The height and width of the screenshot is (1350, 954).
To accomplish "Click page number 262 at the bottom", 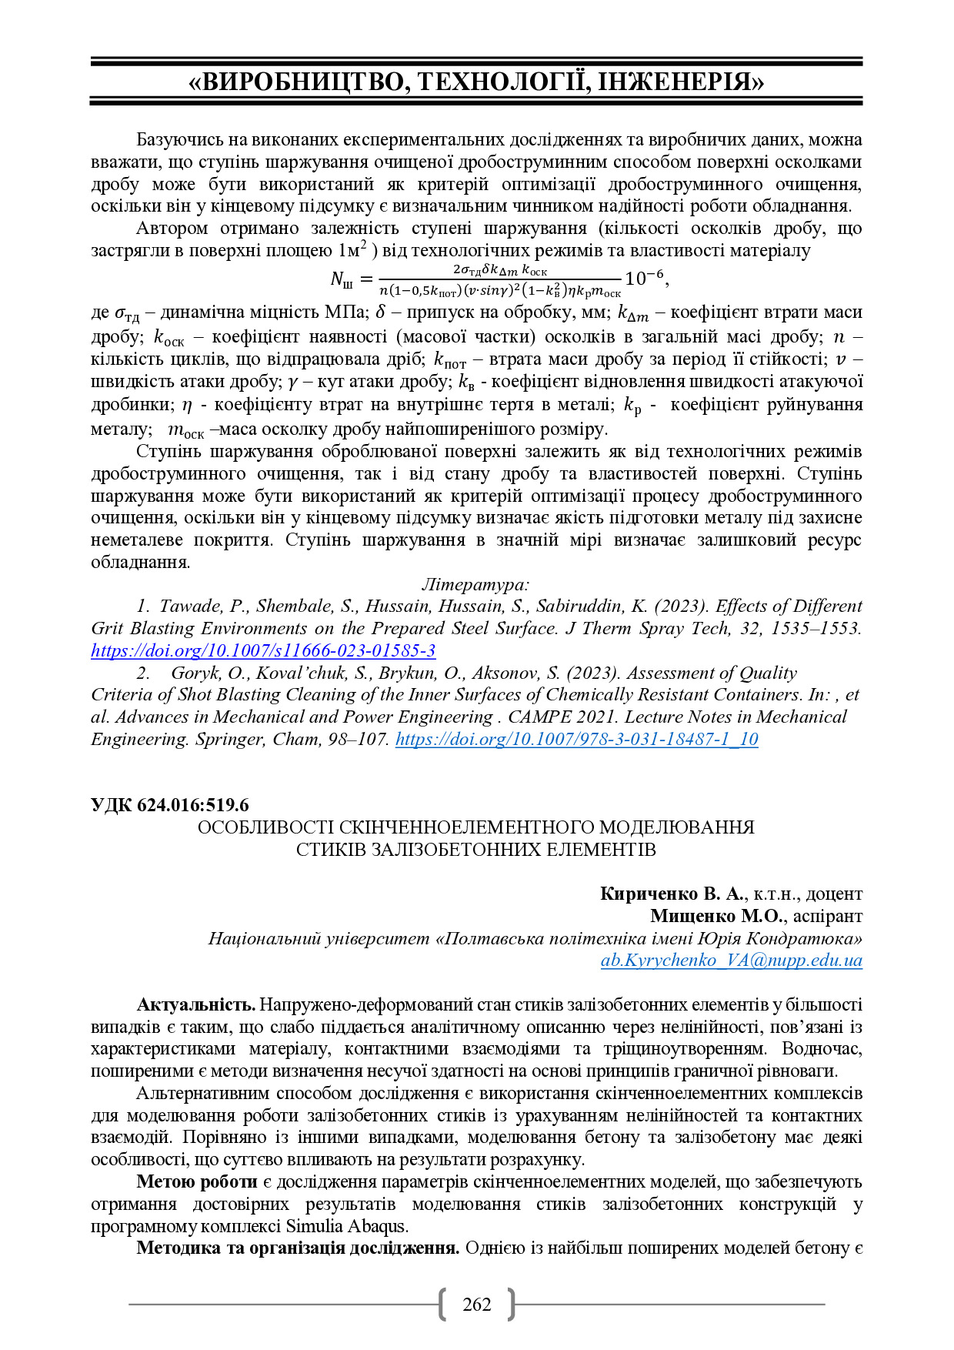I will click(477, 1304).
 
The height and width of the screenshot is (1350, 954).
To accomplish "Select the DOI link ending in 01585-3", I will click(263, 650).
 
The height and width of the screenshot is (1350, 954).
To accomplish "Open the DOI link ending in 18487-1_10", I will click(576, 739).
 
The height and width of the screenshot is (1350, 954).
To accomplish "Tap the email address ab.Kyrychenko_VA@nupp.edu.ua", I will click(731, 960).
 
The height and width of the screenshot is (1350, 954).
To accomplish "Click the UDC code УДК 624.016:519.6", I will click(169, 805).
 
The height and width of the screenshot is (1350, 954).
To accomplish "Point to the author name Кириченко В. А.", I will click(672, 894).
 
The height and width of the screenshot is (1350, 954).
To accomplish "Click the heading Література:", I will click(475, 584).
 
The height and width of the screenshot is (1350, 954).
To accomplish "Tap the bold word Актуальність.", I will click(195, 1004).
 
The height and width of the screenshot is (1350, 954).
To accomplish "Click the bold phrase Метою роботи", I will click(196, 1181).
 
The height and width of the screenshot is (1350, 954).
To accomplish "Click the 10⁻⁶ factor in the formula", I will click(645, 279).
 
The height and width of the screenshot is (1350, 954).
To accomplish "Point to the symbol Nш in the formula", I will click(341, 280).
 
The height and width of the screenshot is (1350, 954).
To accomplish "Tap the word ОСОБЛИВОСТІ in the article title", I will click(266, 827).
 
